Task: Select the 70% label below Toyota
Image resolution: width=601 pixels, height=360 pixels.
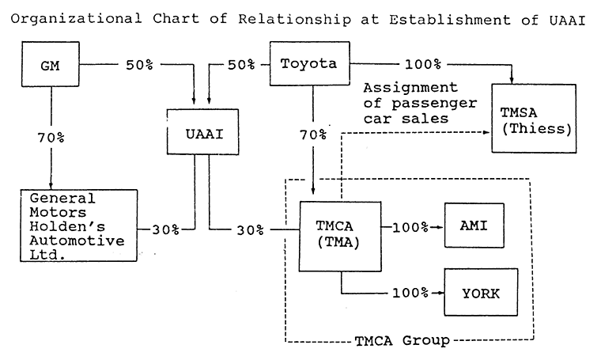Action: pos(313,135)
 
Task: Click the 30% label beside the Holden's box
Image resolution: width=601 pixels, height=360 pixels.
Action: pos(164,229)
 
